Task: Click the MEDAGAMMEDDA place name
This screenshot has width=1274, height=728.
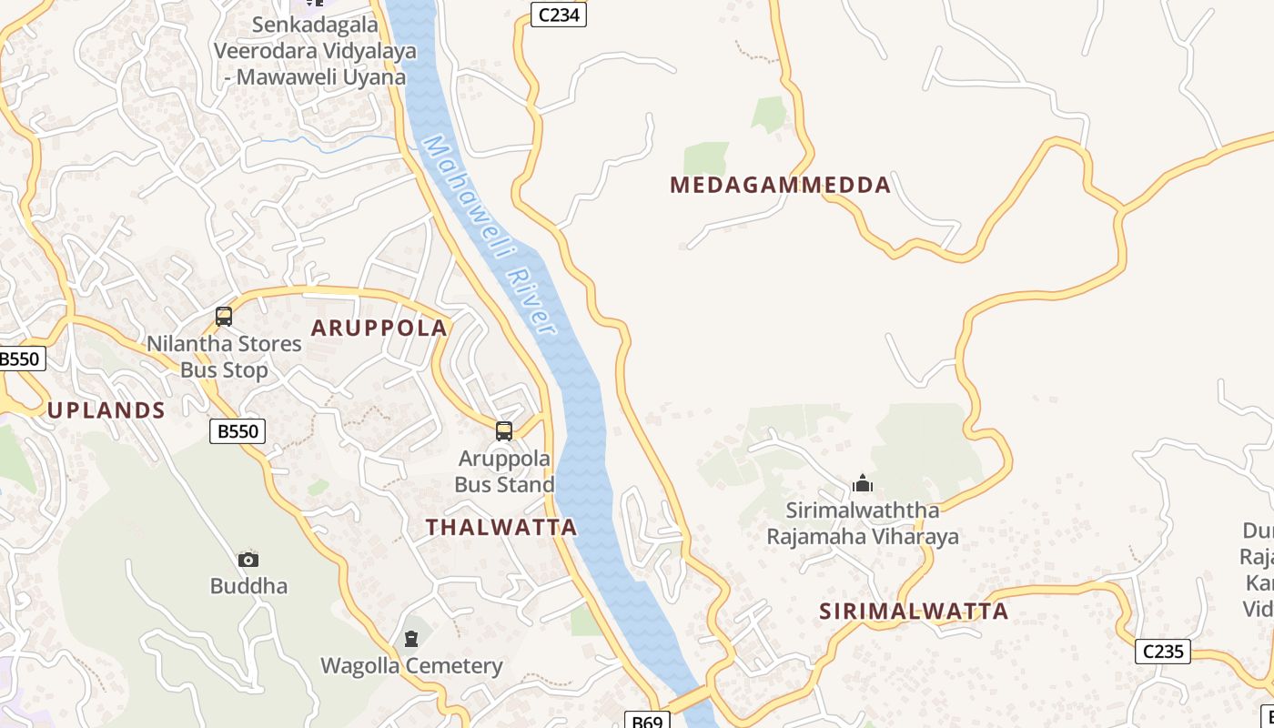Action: click(780, 186)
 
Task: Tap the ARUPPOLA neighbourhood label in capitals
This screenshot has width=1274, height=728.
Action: click(379, 329)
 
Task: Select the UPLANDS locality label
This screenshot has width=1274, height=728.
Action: click(106, 410)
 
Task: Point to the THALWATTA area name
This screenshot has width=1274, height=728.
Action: click(501, 527)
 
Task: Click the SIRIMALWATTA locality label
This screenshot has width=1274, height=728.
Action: click(914, 612)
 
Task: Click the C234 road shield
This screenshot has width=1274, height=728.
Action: click(559, 15)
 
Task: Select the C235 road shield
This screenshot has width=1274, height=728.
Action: click(1162, 652)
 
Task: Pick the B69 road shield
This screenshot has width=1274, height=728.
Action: click(647, 721)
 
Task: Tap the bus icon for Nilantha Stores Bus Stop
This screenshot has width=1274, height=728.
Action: click(224, 317)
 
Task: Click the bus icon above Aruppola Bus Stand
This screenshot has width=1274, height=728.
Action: click(504, 431)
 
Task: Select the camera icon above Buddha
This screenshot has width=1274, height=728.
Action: click(248, 560)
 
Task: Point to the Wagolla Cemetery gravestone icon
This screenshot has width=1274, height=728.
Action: click(411, 639)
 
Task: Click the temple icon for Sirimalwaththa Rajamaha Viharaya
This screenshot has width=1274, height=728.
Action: click(863, 483)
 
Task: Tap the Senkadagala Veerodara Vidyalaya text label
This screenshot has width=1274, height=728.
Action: click(315, 51)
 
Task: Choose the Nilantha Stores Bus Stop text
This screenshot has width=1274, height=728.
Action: click(224, 357)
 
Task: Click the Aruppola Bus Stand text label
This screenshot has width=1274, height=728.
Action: click(504, 471)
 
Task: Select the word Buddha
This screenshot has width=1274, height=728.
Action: click(248, 586)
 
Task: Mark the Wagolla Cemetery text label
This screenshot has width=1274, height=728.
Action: click(411, 666)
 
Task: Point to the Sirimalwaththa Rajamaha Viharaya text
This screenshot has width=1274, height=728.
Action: click(863, 523)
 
